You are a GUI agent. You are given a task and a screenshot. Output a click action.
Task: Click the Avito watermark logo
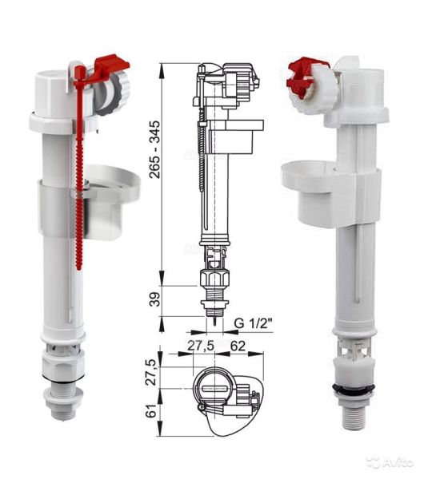click(x=389, y=461)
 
